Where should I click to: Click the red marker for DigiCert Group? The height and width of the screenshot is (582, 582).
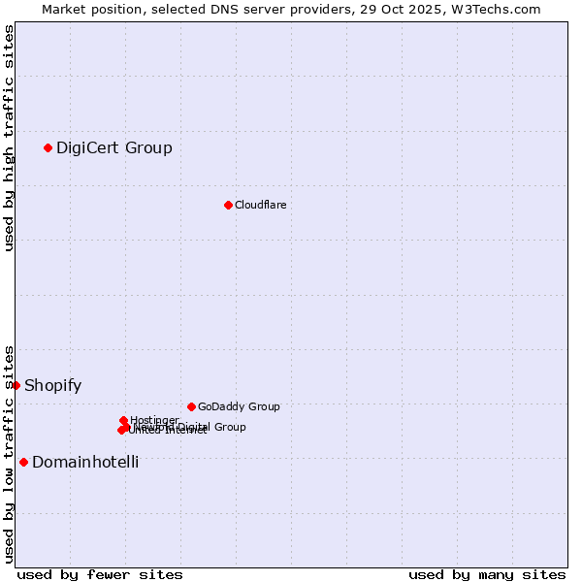[48, 147]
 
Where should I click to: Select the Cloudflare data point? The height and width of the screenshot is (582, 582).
[228, 205]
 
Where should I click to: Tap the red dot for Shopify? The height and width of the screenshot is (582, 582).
[16, 385]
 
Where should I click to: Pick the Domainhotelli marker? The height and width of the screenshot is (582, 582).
[23, 462]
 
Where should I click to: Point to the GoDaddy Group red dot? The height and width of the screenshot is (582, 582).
[191, 406]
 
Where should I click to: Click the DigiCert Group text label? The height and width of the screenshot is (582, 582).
[114, 147]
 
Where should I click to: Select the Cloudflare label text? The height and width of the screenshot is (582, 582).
[260, 205]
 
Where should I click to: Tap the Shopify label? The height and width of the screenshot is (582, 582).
[52, 385]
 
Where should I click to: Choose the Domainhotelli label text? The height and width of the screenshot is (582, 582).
[85, 462]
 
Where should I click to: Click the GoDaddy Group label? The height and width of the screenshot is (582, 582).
[239, 406]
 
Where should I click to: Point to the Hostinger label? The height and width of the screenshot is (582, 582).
[154, 420]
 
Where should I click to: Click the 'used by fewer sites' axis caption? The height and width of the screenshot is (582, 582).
[100, 574]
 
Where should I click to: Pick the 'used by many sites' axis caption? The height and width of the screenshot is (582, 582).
[487, 574]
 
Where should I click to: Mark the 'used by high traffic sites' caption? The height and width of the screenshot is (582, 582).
[9, 138]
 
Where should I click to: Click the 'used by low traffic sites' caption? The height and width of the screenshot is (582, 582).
[9, 453]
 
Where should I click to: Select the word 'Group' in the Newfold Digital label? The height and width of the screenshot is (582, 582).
[230, 427]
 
